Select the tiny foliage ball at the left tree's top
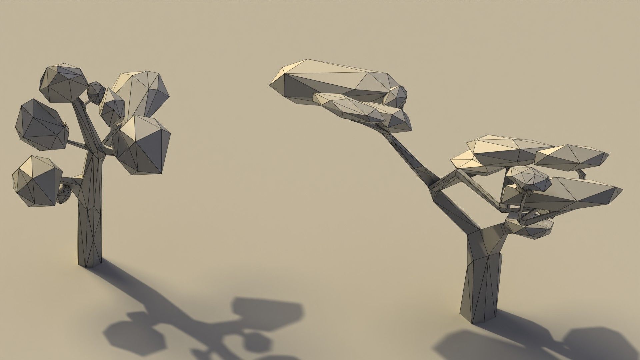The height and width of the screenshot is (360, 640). (96, 92)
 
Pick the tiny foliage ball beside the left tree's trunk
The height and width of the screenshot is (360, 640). (64, 194)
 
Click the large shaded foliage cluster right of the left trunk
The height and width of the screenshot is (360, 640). (142, 145)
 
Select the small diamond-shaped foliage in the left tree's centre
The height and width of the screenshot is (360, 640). (112, 107)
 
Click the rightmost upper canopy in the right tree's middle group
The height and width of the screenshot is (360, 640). (572, 157)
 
